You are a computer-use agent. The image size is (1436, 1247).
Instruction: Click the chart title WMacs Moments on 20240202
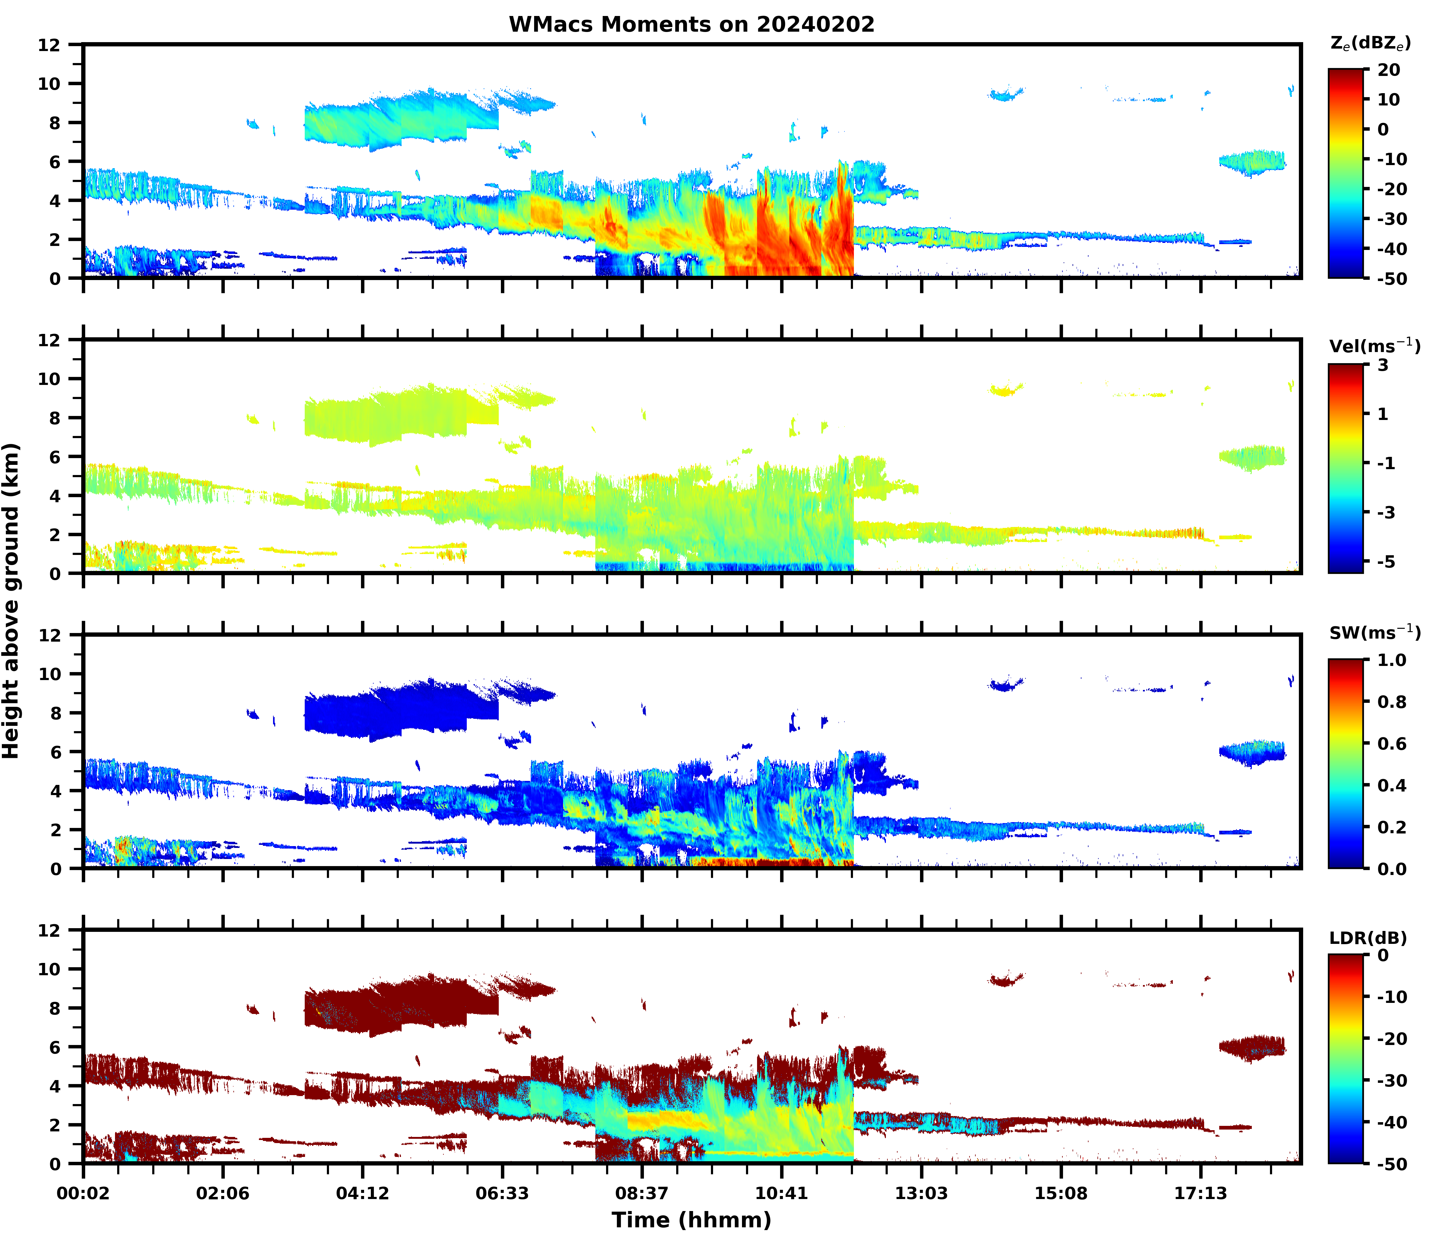[x=691, y=24]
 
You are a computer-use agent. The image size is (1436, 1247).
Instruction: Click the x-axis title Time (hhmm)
[x=691, y=1220]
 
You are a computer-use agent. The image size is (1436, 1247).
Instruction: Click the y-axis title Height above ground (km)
[x=11, y=600]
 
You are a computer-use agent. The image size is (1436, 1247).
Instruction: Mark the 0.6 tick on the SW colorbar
[x=1391, y=744]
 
